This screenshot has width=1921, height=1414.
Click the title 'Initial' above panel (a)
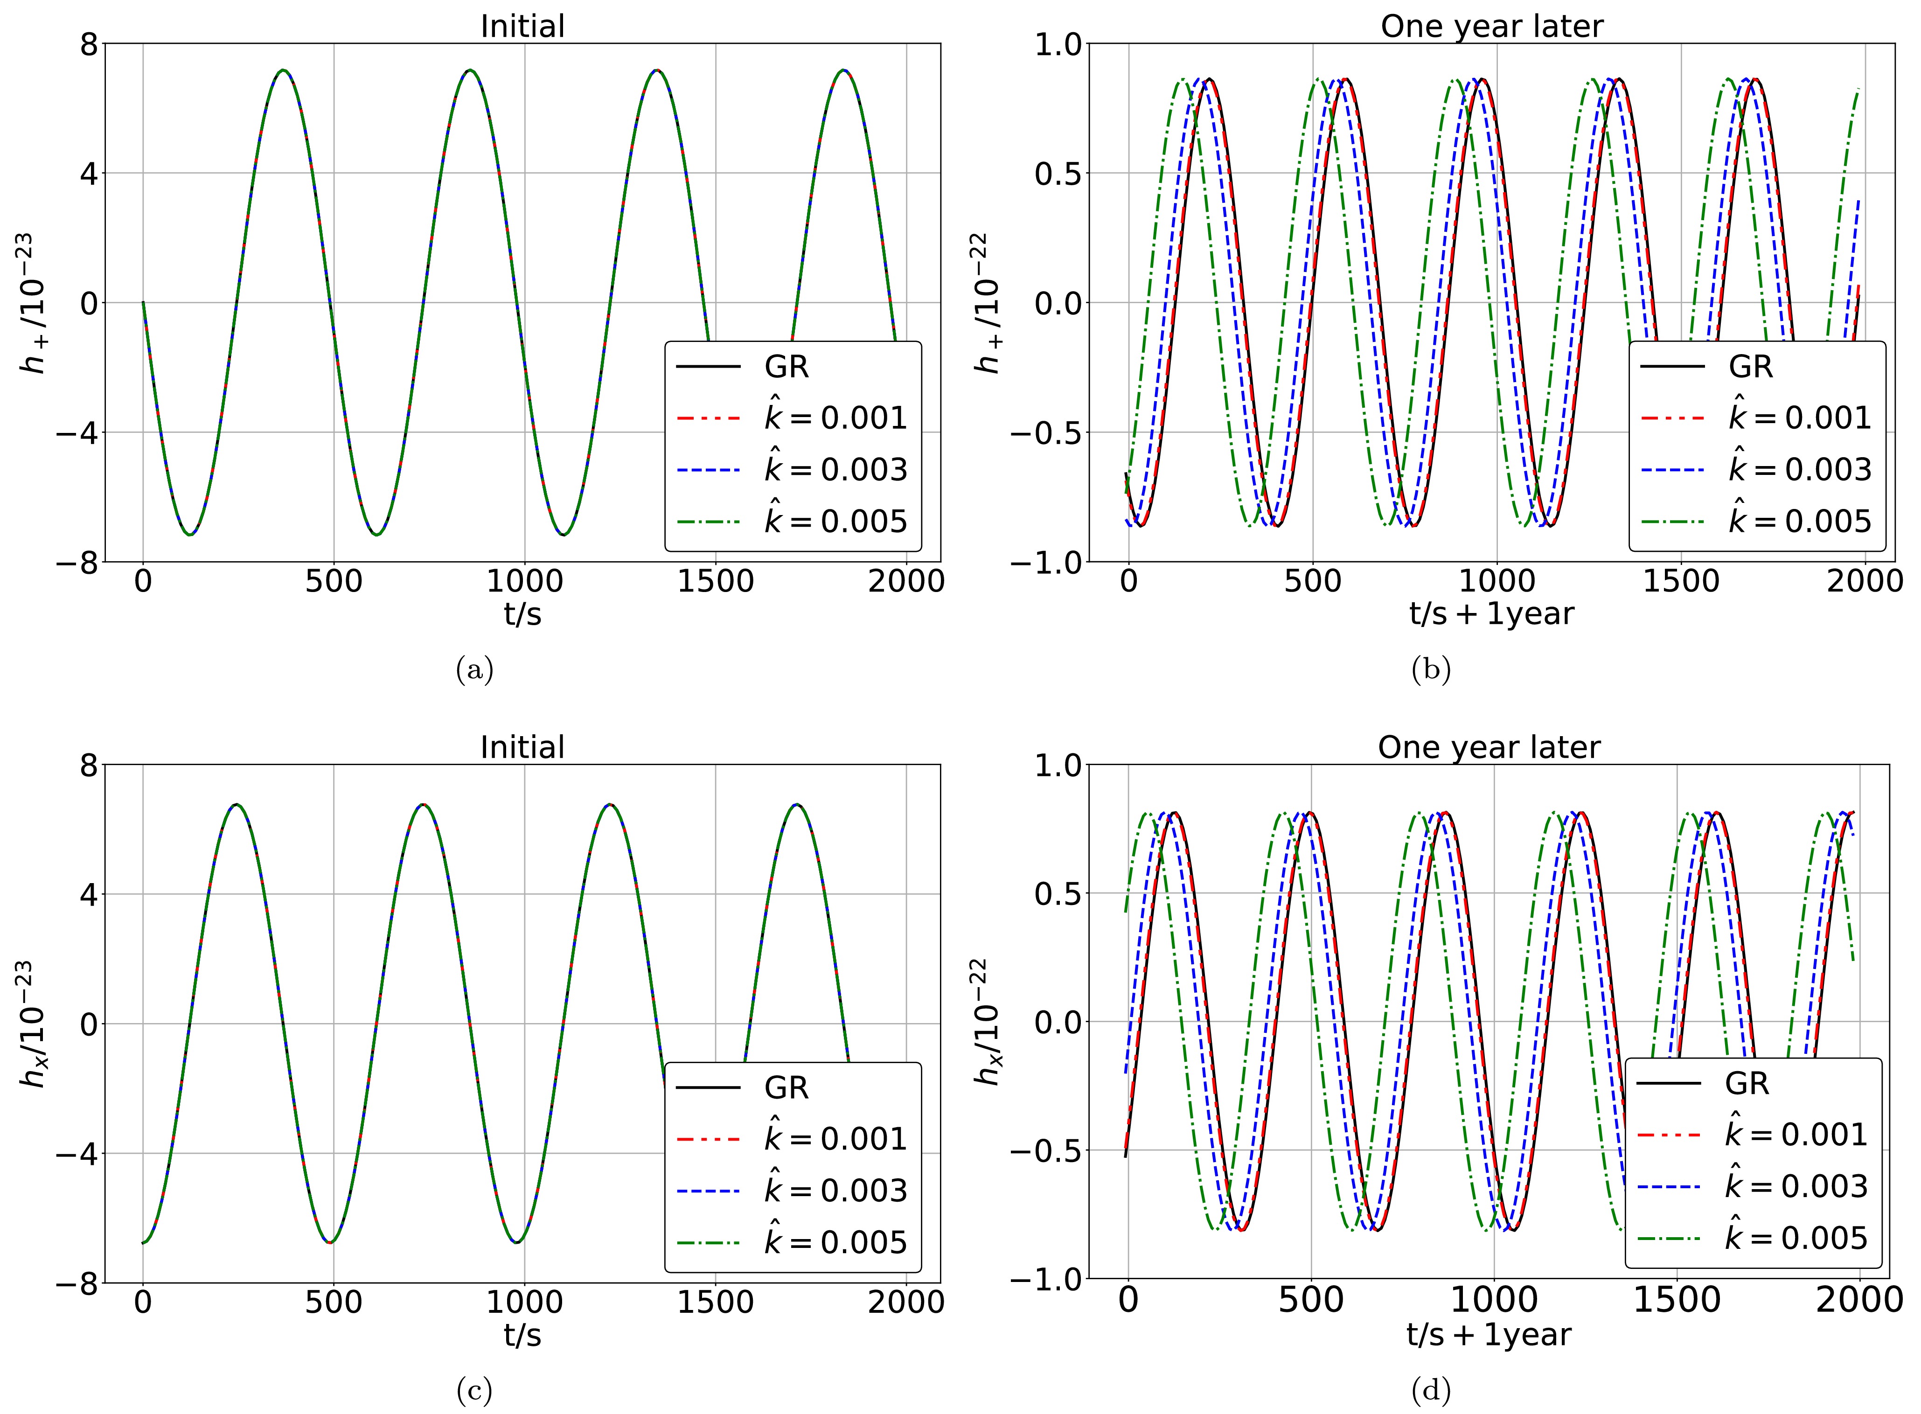tap(522, 27)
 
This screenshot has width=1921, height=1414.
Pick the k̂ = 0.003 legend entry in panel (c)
tap(834, 1191)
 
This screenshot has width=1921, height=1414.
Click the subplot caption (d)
tap(1431, 1391)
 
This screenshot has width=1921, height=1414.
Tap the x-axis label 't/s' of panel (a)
tap(522, 614)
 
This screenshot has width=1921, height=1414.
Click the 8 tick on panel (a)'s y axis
tap(88, 44)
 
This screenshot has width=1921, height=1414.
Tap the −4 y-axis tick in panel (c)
tap(77, 1153)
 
